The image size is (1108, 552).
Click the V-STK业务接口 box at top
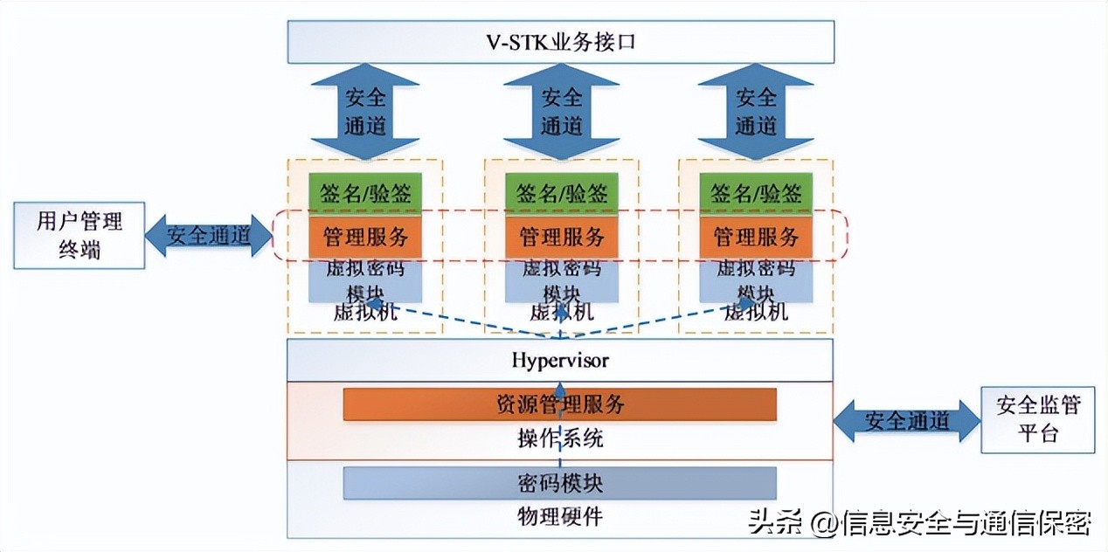click(560, 42)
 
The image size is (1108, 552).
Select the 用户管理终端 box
click(79, 234)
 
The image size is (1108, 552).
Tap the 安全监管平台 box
click(1037, 419)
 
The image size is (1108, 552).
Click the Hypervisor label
click(560, 360)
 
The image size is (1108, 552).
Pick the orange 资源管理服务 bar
click(559, 404)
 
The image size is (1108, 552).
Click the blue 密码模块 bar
click(559, 482)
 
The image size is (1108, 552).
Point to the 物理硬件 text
click(559, 516)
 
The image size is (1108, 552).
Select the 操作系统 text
click(559, 438)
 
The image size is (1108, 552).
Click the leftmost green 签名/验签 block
click(365, 192)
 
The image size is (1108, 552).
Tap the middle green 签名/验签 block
click(561, 192)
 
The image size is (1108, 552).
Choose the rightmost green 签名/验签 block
click(756, 192)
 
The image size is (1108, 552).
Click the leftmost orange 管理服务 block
click(365, 236)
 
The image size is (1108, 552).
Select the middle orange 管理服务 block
click(561, 236)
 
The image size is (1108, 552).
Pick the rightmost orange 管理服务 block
click(756, 236)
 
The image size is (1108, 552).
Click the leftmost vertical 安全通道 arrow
click(365, 111)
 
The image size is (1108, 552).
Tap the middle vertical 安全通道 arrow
click(561, 111)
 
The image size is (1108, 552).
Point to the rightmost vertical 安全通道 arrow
click(756, 111)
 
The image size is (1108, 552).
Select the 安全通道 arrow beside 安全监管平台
click(907, 421)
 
